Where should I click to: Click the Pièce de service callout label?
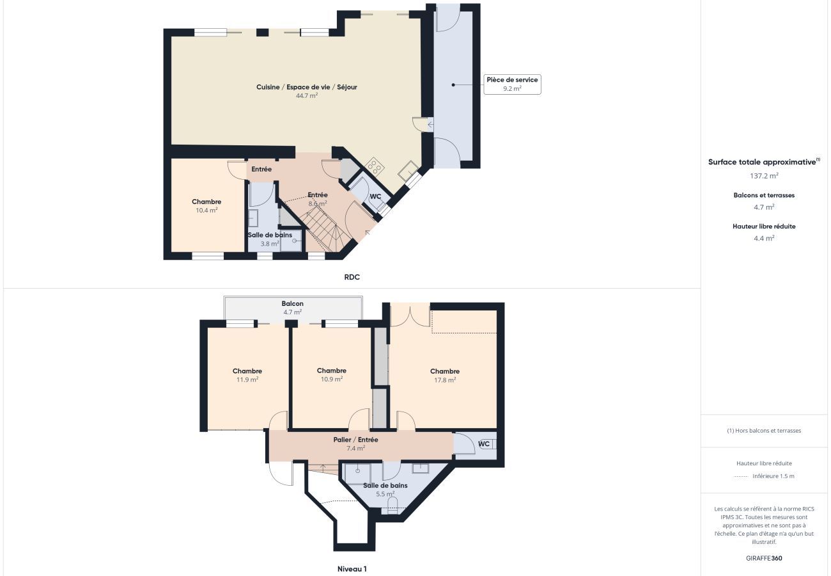coord(512,80)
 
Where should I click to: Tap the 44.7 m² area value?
coord(307,96)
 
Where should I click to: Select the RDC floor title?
coord(352,277)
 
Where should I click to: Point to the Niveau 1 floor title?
coord(352,569)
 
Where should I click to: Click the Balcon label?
coord(292,303)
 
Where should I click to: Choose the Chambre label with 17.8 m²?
coord(444,371)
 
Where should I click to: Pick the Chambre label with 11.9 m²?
coord(247,371)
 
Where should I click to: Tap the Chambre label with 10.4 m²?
coord(206,202)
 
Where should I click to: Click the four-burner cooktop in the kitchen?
coord(375,166)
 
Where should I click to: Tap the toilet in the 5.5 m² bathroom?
coord(392,506)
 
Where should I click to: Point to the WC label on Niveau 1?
coord(484,444)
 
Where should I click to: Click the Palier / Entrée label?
coord(355,440)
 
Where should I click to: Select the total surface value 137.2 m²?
coord(764,175)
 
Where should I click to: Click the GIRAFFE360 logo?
coord(764,558)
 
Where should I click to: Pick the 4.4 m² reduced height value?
coord(764,238)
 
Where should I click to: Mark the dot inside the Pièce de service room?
coord(453,84)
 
